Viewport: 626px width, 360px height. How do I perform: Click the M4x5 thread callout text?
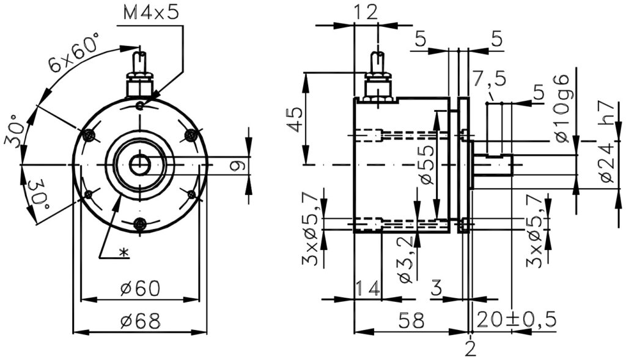[151, 13]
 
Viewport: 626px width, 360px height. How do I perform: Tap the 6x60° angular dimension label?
[73, 53]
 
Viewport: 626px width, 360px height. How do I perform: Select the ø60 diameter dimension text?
[140, 287]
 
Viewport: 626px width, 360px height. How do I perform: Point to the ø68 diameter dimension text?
[140, 320]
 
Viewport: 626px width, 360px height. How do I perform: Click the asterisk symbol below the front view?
[123, 252]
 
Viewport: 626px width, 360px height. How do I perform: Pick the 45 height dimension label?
[298, 119]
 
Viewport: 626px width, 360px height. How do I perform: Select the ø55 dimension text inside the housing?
[427, 164]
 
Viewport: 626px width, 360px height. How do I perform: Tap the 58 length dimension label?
[411, 320]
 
